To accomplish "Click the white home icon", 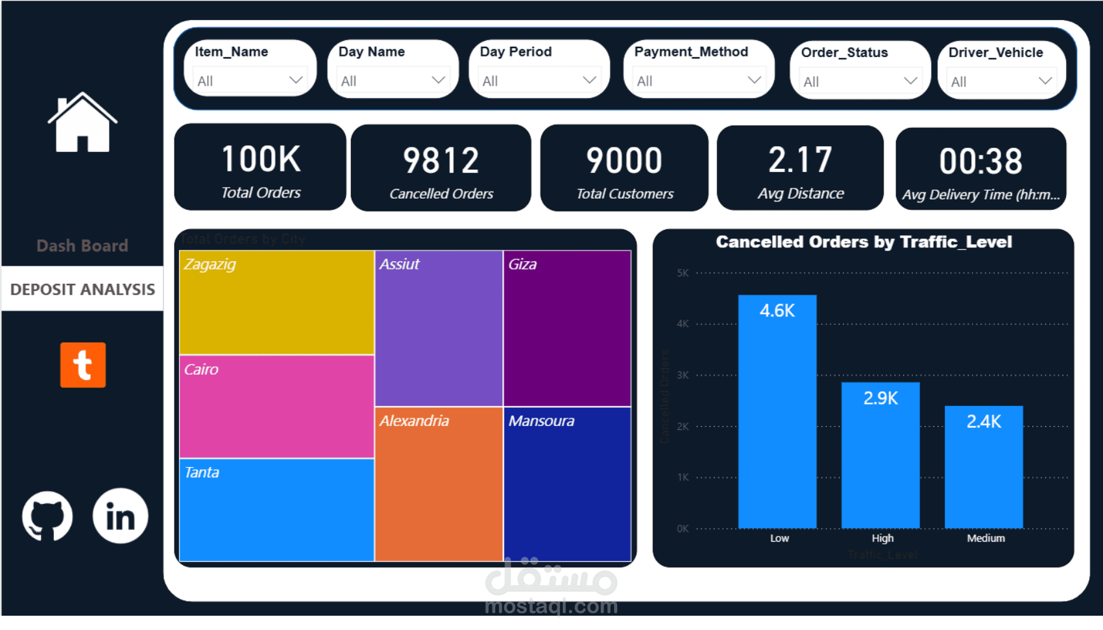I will click(x=82, y=123).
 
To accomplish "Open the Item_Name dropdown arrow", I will click(x=296, y=80).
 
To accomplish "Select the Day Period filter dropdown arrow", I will click(x=589, y=80).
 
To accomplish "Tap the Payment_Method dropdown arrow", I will click(x=754, y=80).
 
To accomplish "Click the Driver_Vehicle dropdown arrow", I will click(x=1045, y=81).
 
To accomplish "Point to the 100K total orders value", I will click(x=261, y=159).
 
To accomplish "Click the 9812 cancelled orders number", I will click(x=441, y=160).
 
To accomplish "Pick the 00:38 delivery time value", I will click(x=980, y=161).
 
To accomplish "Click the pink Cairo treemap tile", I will click(x=276, y=407).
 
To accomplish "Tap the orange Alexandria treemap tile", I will click(x=439, y=484).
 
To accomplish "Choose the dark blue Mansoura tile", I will click(x=567, y=484).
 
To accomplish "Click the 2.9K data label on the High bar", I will click(x=880, y=398).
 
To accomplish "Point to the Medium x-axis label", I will click(x=986, y=538).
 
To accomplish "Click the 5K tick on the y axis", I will click(x=683, y=273).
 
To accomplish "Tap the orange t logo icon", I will click(x=83, y=365).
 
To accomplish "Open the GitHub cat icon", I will click(x=47, y=516).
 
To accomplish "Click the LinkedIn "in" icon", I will click(x=121, y=516).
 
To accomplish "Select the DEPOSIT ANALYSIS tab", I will click(x=82, y=289).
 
